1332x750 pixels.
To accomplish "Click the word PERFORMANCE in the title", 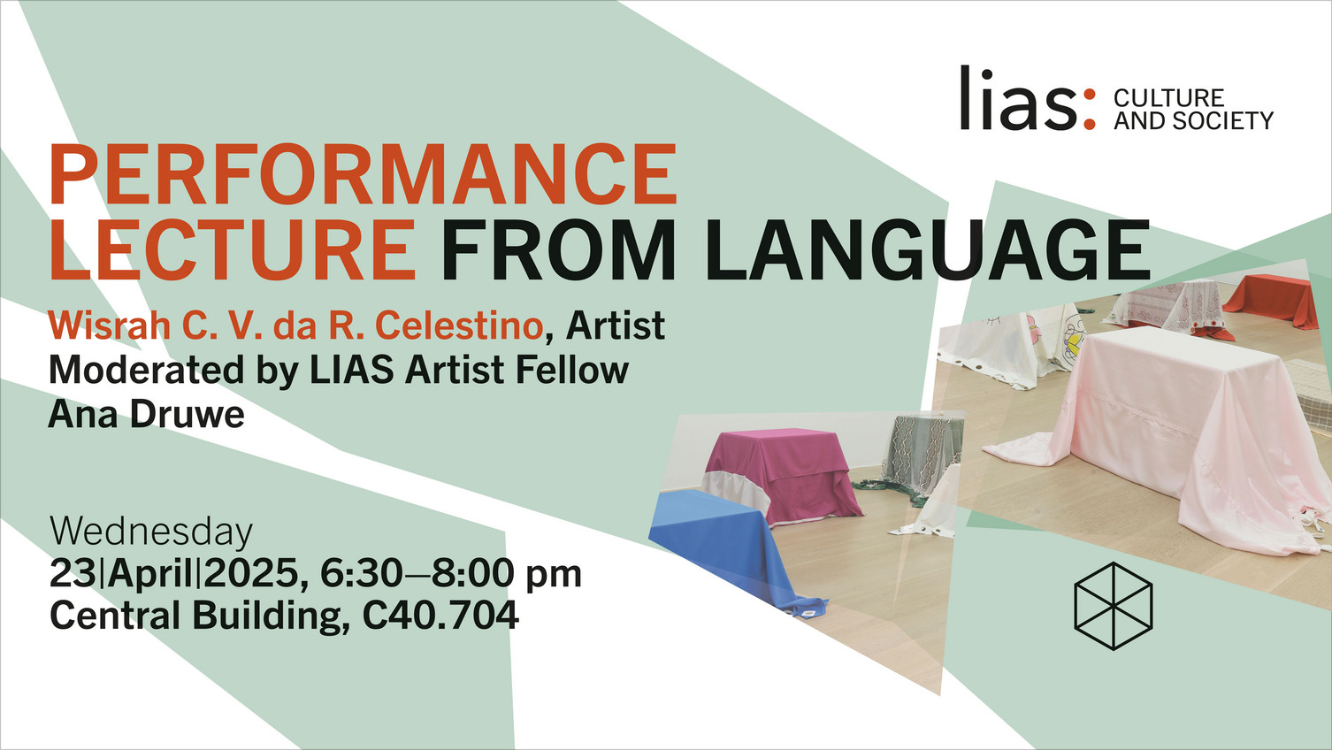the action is pyautogui.click(x=364, y=175).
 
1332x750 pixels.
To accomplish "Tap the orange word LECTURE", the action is pyautogui.click(x=233, y=249).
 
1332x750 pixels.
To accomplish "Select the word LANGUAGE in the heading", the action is pyautogui.click(x=928, y=249).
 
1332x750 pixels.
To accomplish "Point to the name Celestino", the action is pyautogui.click(x=459, y=325).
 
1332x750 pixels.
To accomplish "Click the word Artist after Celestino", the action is pyautogui.click(x=616, y=325).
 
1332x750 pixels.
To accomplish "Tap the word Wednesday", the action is pyautogui.click(x=151, y=532).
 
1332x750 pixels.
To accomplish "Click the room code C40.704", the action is pyautogui.click(x=440, y=615).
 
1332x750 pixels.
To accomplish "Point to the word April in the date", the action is pyautogui.click(x=150, y=574).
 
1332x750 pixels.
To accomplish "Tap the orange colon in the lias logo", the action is pyautogui.click(x=1090, y=109).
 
